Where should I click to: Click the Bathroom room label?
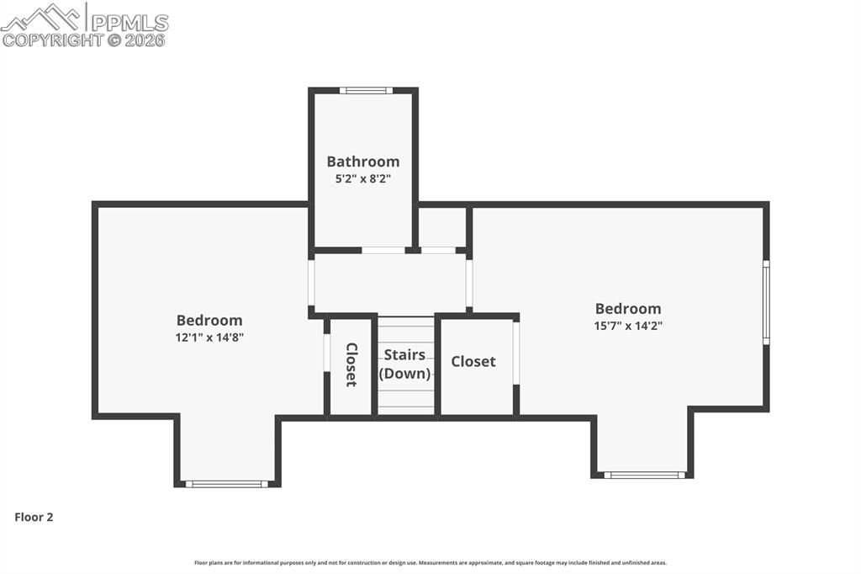(x=363, y=162)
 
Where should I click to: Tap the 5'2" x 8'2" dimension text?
(x=363, y=178)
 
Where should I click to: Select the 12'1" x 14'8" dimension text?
(x=209, y=337)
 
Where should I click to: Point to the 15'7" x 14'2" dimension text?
(x=628, y=325)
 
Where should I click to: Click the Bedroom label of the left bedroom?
(x=209, y=321)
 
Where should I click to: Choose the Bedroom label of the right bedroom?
(x=628, y=309)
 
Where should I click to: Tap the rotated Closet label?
(x=351, y=364)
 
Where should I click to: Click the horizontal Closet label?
(x=473, y=361)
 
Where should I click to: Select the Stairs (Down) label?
(x=404, y=364)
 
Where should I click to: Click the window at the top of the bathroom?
(x=366, y=91)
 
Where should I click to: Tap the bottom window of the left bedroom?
(x=226, y=484)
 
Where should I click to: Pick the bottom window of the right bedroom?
(x=645, y=475)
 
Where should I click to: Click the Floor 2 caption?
(x=34, y=518)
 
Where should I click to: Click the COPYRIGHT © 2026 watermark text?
(x=84, y=40)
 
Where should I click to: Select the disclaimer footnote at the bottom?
(x=430, y=563)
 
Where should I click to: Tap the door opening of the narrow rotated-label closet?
(x=326, y=353)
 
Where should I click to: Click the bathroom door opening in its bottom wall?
(x=383, y=250)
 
